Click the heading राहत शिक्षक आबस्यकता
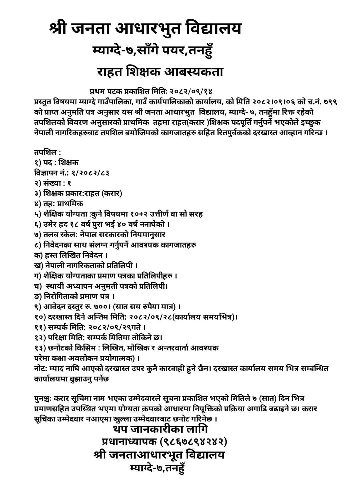160,72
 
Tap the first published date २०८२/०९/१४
191,91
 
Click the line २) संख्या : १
52,183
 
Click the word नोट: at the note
40,369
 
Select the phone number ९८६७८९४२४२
193,442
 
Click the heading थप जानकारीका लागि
161,429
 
